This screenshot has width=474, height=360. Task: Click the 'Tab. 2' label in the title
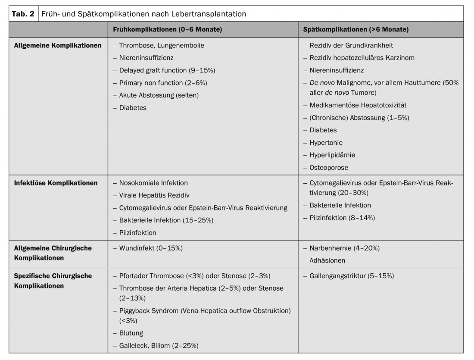24,14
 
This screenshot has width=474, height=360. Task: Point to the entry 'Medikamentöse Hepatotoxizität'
358,105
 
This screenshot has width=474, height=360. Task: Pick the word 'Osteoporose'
329,167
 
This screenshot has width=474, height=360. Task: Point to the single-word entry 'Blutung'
131,333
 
